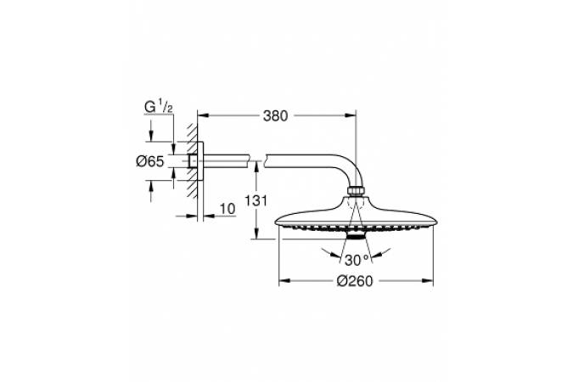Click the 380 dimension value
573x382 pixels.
(276, 116)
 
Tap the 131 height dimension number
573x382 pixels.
(256, 200)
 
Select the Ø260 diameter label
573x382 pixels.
(355, 281)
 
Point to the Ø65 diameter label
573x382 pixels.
(150, 161)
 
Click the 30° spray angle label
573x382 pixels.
(357, 260)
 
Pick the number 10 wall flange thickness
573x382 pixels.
(228, 209)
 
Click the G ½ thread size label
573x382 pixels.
(159, 108)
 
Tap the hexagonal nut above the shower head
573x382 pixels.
(356, 192)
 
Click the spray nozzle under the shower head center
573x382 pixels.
(356, 235)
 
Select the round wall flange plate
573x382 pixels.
(200, 160)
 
